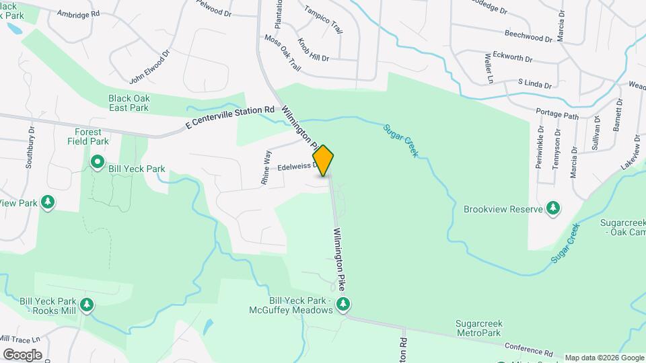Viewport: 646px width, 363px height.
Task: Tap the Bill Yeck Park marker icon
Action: (x=97, y=161)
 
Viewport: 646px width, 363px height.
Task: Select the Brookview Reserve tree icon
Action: (x=553, y=208)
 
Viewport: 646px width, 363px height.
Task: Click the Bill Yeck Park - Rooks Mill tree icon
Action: (x=86, y=306)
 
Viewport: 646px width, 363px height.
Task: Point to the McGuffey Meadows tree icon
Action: (x=343, y=305)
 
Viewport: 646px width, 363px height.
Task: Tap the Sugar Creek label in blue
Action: (x=401, y=140)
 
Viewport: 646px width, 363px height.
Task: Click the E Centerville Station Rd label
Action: (x=231, y=118)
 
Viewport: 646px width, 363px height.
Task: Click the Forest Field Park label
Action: (x=88, y=137)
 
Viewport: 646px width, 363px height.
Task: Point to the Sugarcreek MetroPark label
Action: (x=478, y=329)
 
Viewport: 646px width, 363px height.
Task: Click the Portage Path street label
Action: (x=557, y=115)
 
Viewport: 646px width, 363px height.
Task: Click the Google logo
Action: (x=22, y=355)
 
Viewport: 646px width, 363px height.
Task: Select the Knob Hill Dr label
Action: (x=314, y=50)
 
